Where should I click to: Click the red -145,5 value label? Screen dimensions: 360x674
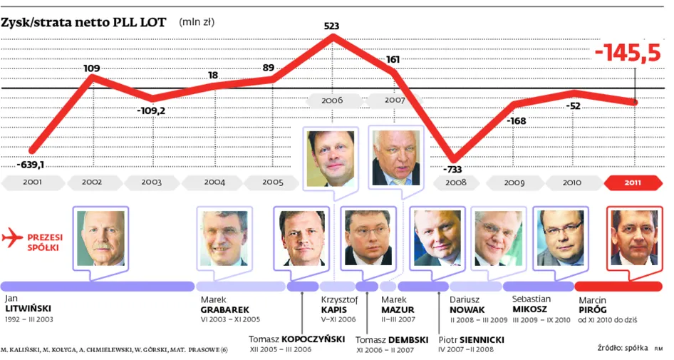[x=627, y=53]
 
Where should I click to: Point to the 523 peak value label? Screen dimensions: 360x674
[x=331, y=26]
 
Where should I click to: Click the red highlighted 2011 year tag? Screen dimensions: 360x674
[x=633, y=182]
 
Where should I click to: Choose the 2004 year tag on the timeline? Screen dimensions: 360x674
[x=214, y=182]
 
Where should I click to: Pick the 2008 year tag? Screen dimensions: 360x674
[x=456, y=182]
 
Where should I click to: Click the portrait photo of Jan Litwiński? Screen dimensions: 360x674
[x=100, y=238]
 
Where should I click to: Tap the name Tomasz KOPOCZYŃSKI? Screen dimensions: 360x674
[x=297, y=339]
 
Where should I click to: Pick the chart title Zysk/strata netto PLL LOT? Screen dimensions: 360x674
[x=83, y=22]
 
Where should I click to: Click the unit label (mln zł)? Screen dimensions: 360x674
[x=197, y=22]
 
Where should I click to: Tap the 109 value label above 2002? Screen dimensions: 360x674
[x=91, y=68]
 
